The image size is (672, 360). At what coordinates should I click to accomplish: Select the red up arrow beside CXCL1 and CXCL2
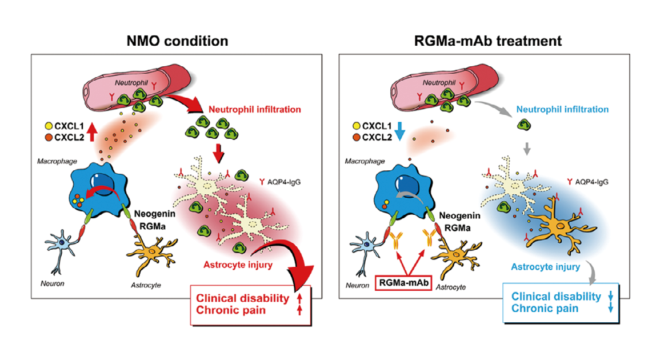point(91,132)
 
